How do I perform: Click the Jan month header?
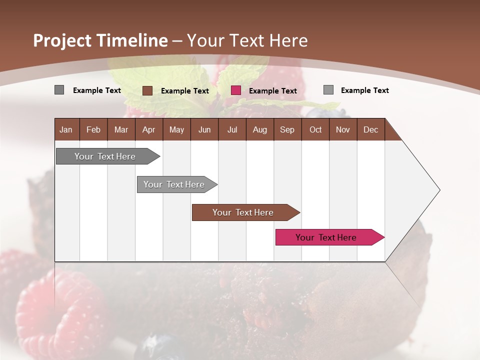66,129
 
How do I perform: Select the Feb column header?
93,129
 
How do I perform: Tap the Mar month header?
121,129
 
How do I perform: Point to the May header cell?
176,129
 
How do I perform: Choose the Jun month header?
204,129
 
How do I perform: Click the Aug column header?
259,129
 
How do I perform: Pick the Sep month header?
287,129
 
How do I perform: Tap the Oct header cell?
315,129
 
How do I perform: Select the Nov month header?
342,129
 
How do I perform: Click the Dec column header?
370,129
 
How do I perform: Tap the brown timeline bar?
243,212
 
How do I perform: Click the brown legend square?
147,90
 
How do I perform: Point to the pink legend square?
236,90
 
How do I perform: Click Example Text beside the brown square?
184,91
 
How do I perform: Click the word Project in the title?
62,40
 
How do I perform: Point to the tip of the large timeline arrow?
439,190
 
